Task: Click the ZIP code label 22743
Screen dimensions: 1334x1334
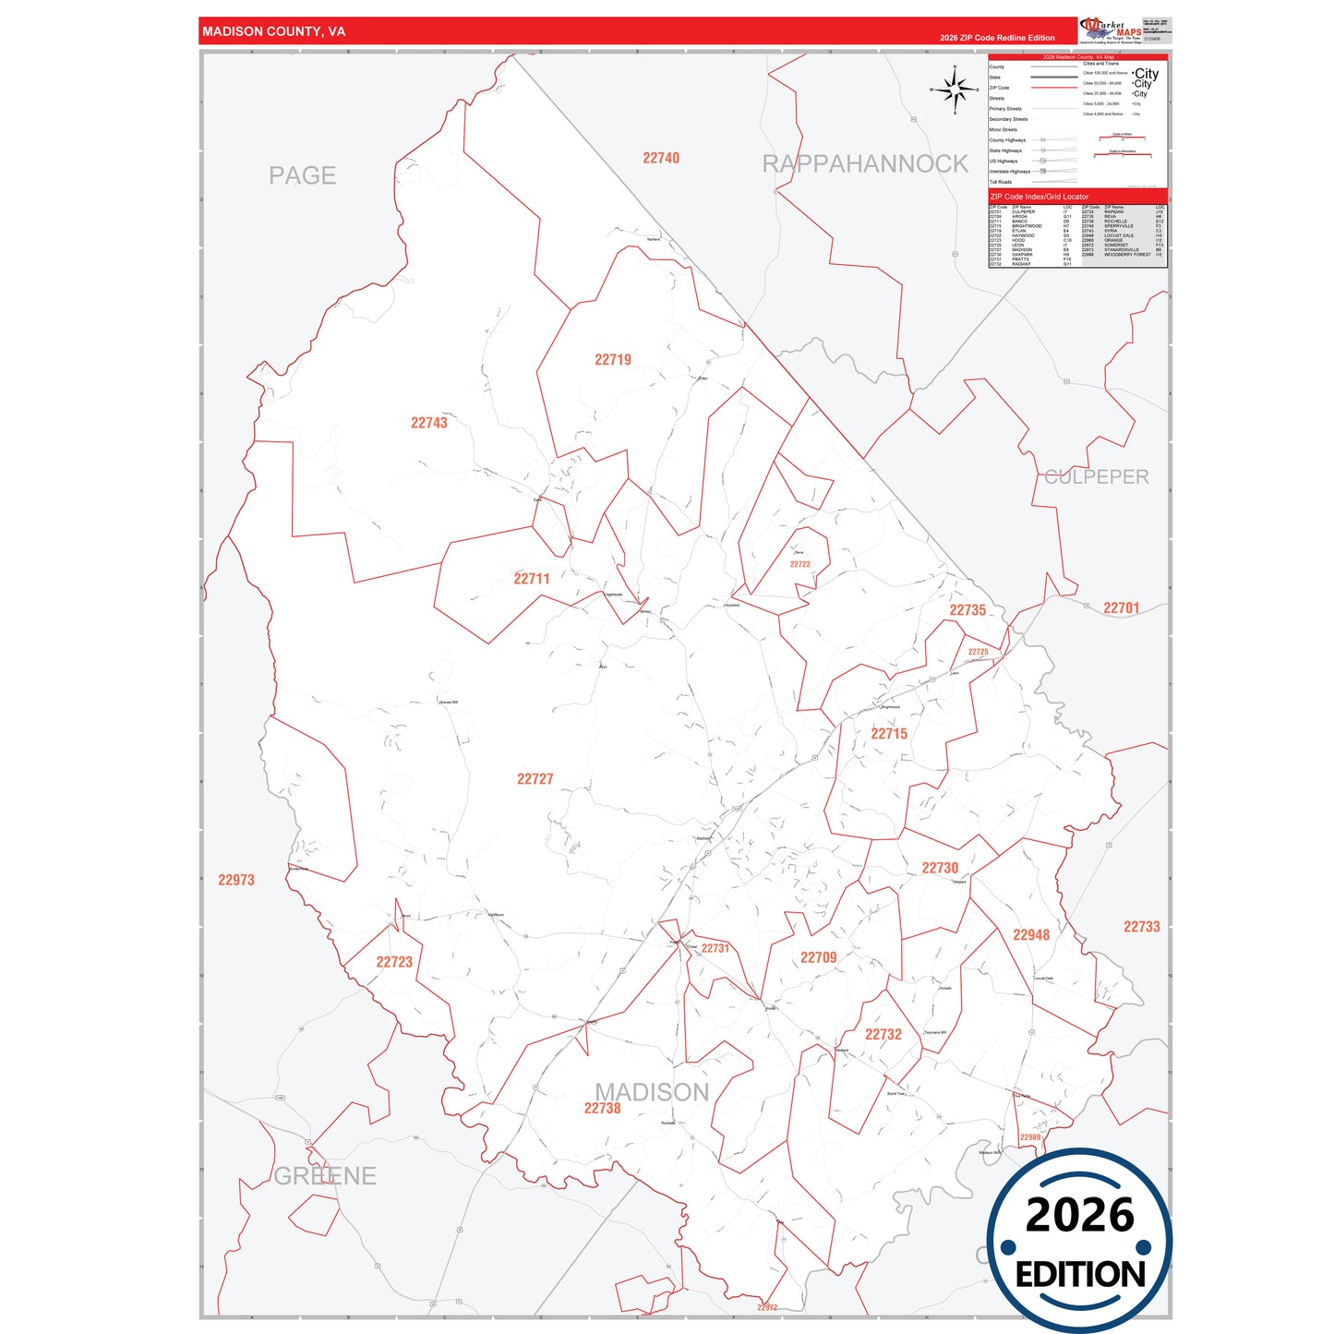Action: pos(428,423)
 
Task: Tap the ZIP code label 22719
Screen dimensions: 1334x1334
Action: pos(613,360)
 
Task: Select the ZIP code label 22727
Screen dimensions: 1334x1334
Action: pos(535,779)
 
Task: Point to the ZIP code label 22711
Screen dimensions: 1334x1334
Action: pos(532,579)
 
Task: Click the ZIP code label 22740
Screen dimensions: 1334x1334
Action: pos(661,159)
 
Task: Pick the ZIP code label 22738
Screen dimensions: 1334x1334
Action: pos(602,1109)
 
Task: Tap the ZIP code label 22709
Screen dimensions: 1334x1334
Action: pos(819,958)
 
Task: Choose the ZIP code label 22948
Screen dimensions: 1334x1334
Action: pos(1031,935)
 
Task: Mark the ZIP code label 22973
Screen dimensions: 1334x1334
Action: pos(236,881)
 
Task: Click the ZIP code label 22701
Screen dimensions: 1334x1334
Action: pos(1122,608)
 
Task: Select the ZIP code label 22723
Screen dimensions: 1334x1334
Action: pos(394,962)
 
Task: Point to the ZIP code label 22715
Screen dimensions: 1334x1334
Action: pos(889,734)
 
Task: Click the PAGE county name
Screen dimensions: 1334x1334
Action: pos(302,176)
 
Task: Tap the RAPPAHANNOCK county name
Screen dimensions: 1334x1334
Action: pos(865,164)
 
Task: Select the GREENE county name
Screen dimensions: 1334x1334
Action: pos(325,1176)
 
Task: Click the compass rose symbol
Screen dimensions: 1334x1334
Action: pos(955,90)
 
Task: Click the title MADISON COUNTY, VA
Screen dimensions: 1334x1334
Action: pos(274,31)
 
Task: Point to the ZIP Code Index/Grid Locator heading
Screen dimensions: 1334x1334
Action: pos(1040,197)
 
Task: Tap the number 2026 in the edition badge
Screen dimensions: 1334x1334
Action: pos(1079,1215)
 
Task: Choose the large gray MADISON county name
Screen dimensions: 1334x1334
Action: pos(652,1093)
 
